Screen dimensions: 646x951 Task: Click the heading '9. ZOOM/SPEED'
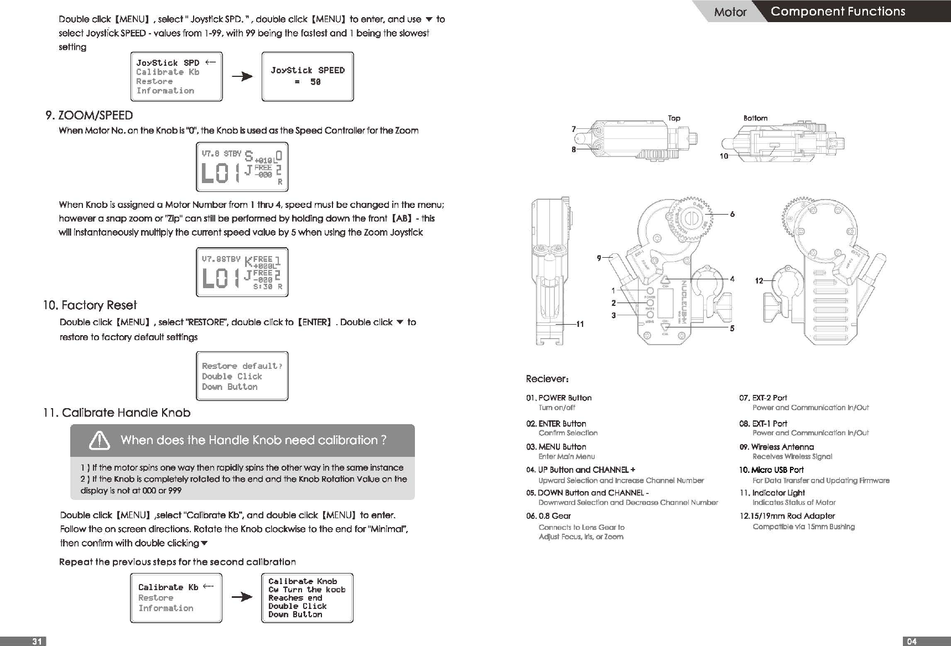click(x=90, y=116)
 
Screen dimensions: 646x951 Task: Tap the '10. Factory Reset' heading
click(x=90, y=305)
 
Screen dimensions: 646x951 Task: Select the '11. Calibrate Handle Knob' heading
click(x=117, y=413)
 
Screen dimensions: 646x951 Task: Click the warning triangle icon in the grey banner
click(x=100, y=441)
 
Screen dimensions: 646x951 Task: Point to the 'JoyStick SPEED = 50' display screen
click(x=307, y=76)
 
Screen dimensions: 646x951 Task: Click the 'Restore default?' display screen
click(x=242, y=376)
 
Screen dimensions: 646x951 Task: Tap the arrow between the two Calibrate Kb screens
click(x=242, y=597)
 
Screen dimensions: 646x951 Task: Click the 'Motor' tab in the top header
click(x=730, y=12)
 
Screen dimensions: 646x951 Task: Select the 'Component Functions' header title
click(x=838, y=12)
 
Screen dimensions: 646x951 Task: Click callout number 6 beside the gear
click(x=732, y=215)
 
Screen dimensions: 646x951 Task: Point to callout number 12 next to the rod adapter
click(x=759, y=281)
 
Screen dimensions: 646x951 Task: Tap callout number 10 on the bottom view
click(x=724, y=157)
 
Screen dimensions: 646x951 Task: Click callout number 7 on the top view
click(x=574, y=129)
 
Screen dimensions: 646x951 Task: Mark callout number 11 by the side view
click(x=580, y=324)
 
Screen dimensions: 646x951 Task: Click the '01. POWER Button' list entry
click(x=559, y=398)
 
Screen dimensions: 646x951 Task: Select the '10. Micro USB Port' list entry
click(x=771, y=470)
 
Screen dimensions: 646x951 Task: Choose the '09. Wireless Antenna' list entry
click(x=777, y=447)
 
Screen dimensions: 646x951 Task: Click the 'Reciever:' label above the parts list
click(x=547, y=379)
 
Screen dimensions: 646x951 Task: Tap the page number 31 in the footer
click(x=37, y=641)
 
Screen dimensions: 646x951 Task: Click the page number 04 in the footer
click(x=912, y=641)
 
